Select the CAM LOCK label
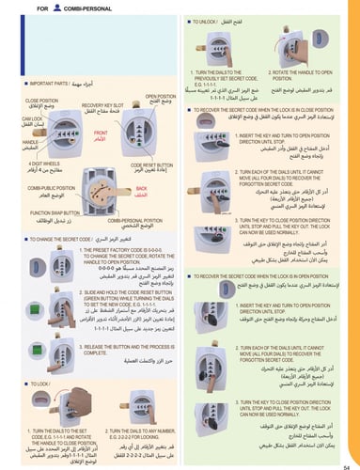37,121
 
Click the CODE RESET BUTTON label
144,164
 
